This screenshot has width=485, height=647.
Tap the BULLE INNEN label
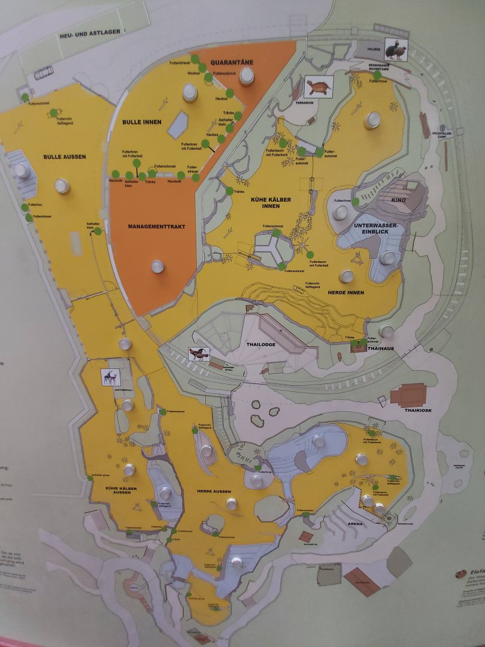(x=142, y=122)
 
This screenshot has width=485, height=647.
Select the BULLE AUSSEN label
(x=65, y=157)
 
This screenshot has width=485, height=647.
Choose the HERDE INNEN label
(x=345, y=292)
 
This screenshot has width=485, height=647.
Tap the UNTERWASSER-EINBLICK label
(x=375, y=229)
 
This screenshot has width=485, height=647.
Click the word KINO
(x=399, y=200)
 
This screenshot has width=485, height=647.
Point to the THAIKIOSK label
(x=417, y=410)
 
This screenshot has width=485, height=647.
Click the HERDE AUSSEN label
(x=214, y=491)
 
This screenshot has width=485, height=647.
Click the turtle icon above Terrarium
(x=318, y=87)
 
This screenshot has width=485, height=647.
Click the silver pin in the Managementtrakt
(x=157, y=266)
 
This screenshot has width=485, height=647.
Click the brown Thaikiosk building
(x=408, y=395)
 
